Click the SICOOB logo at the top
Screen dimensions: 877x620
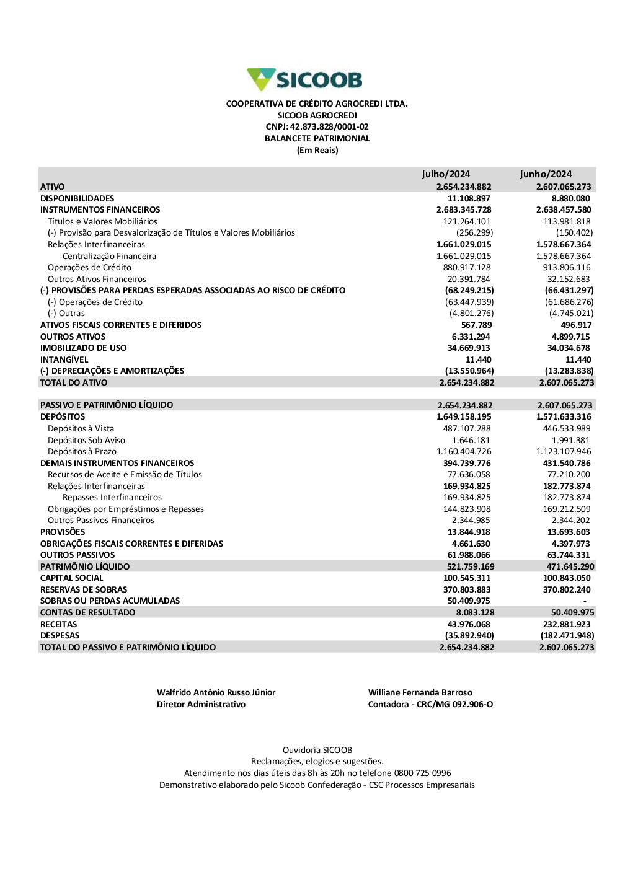pos(304,80)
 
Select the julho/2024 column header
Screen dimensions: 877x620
pos(446,174)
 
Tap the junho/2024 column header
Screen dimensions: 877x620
pos(546,174)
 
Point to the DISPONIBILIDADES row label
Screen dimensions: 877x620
pos(77,198)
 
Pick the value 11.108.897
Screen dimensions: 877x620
pos(469,198)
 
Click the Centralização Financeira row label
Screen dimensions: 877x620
pos(109,256)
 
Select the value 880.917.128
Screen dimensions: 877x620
pos(467,268)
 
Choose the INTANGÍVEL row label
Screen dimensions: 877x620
pos(64,359)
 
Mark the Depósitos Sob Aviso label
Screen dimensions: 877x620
pos(86,440)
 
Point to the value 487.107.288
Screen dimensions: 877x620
pos(467,429)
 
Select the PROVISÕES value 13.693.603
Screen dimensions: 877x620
pos(569,532)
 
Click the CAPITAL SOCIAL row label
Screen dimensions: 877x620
pos(72,578)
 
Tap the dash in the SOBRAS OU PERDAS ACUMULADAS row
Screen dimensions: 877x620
pos(585,601)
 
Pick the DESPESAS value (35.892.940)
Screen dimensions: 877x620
pos(469,636)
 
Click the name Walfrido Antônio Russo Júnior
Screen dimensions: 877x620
pos(216,693)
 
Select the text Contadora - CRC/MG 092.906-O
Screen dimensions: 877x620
pos(430,705)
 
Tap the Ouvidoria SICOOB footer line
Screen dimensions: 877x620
pos(317,751)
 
